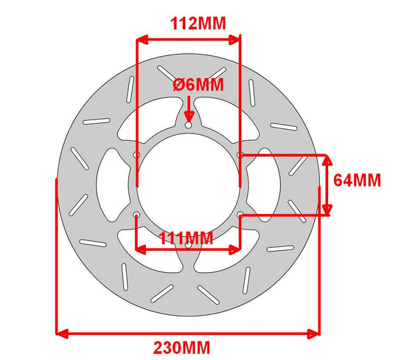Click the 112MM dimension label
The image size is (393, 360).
(198, 24)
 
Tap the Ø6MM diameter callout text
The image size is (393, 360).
(198, 85)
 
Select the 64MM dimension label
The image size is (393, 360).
(357, 180)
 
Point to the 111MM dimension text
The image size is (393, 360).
(186, 238)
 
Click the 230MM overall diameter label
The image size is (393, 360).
(181, 348)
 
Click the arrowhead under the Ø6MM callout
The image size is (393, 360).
(189, 117)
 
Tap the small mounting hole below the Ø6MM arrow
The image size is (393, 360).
(189, 125)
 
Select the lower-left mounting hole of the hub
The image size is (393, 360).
(136, 215)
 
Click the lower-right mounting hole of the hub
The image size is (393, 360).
(240, 215)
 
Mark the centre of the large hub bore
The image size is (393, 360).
(188, 184)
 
